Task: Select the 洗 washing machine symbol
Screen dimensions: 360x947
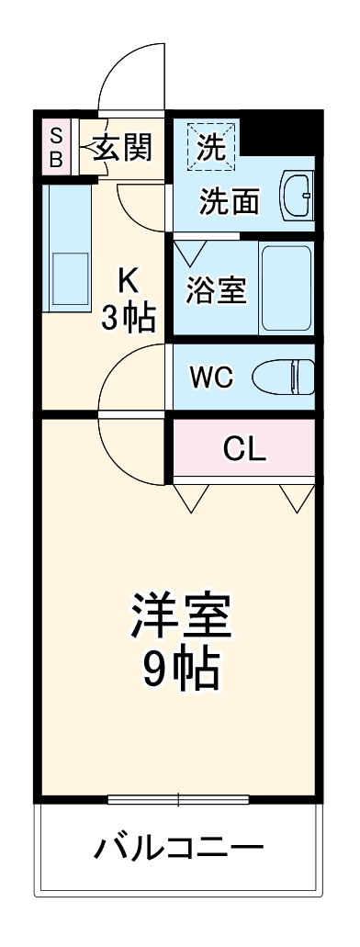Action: point(211,148)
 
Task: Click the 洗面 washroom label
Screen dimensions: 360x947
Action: point(229,201)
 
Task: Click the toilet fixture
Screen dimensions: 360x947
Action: point(284,376)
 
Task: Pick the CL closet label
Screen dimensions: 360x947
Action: point(245,448)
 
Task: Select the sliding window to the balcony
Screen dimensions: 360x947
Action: point(179,798)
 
